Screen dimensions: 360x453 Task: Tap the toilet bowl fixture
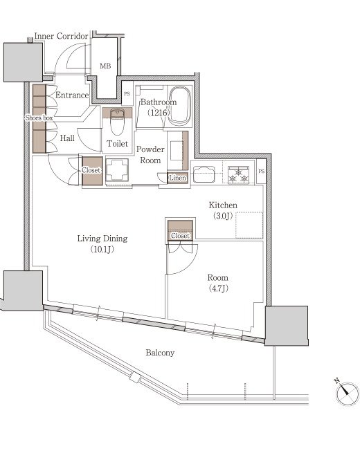pyautogui.click(x=117, y=122)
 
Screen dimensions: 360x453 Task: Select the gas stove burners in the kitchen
pyautogui.click(x=239, y=175)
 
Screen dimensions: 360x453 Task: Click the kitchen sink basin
pyautogui.click(x=204, y=174)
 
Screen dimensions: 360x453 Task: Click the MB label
pyautogui.click(x=105, y=66)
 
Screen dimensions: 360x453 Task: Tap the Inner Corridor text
pyautogui.click(x=62, y=36)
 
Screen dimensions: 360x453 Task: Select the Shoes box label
pyautogui.click(x=39, y=118)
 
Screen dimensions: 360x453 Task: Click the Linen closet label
pyautogui.click(x=177, y=178)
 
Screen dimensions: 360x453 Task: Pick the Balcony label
pyautogui.click(x=160, y=353)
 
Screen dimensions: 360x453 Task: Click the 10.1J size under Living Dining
pyautogui.click(x=102, y=249)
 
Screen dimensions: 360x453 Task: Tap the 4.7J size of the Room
pyautogui.click(x=218, y=288)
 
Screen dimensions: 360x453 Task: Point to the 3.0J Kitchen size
pyautogui.click(x=223, y=216)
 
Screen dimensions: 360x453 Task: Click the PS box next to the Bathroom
pyautogui.click(x=127, y=93)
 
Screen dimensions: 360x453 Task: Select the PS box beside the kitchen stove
pyautogui.click(x=261, y=172)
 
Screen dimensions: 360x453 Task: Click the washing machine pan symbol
pyautogui.click(x=117, y=170)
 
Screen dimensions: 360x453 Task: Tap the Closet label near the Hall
pyautogui.click(x=91, y=170)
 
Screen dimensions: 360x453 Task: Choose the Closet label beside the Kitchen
pyautogui.click(x=180, y=236)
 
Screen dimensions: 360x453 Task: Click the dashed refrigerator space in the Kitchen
pyautogui.click(x=249, y=225)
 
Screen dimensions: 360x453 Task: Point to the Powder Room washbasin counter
pyautogui.click(x=178, y=150)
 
